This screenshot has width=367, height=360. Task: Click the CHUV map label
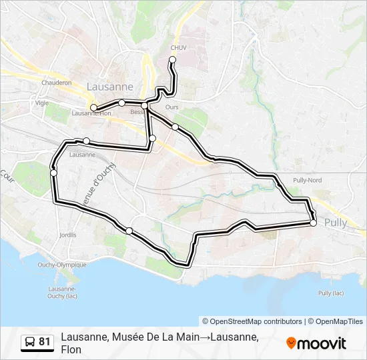coord(178,48)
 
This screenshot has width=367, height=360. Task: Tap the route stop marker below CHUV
coord(172,60)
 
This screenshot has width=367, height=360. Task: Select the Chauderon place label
coord(56,83)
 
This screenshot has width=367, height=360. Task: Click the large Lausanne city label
coord(110,87)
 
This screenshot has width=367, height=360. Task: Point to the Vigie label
coord(42,103)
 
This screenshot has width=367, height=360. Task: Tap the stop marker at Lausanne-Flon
coord(94,107)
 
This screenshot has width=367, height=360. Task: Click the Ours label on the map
coord(172,107)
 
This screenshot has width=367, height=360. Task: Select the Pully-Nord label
coord(307,181)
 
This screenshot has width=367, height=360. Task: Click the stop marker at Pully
coord(313,223)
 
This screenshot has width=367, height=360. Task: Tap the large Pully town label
coord(336,223)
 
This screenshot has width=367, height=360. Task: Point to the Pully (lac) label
coord(331,293)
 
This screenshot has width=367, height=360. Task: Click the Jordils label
coord(67,235)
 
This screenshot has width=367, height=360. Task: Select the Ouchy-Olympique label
coord(62,265)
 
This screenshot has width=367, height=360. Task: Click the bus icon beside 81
coord(30,342)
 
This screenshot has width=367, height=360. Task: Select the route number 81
coord(45,342)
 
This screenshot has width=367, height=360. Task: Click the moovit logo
coord(316,343)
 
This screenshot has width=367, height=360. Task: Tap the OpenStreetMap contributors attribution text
coord(252,321)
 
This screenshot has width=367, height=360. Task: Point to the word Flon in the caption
coord(71,349)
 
